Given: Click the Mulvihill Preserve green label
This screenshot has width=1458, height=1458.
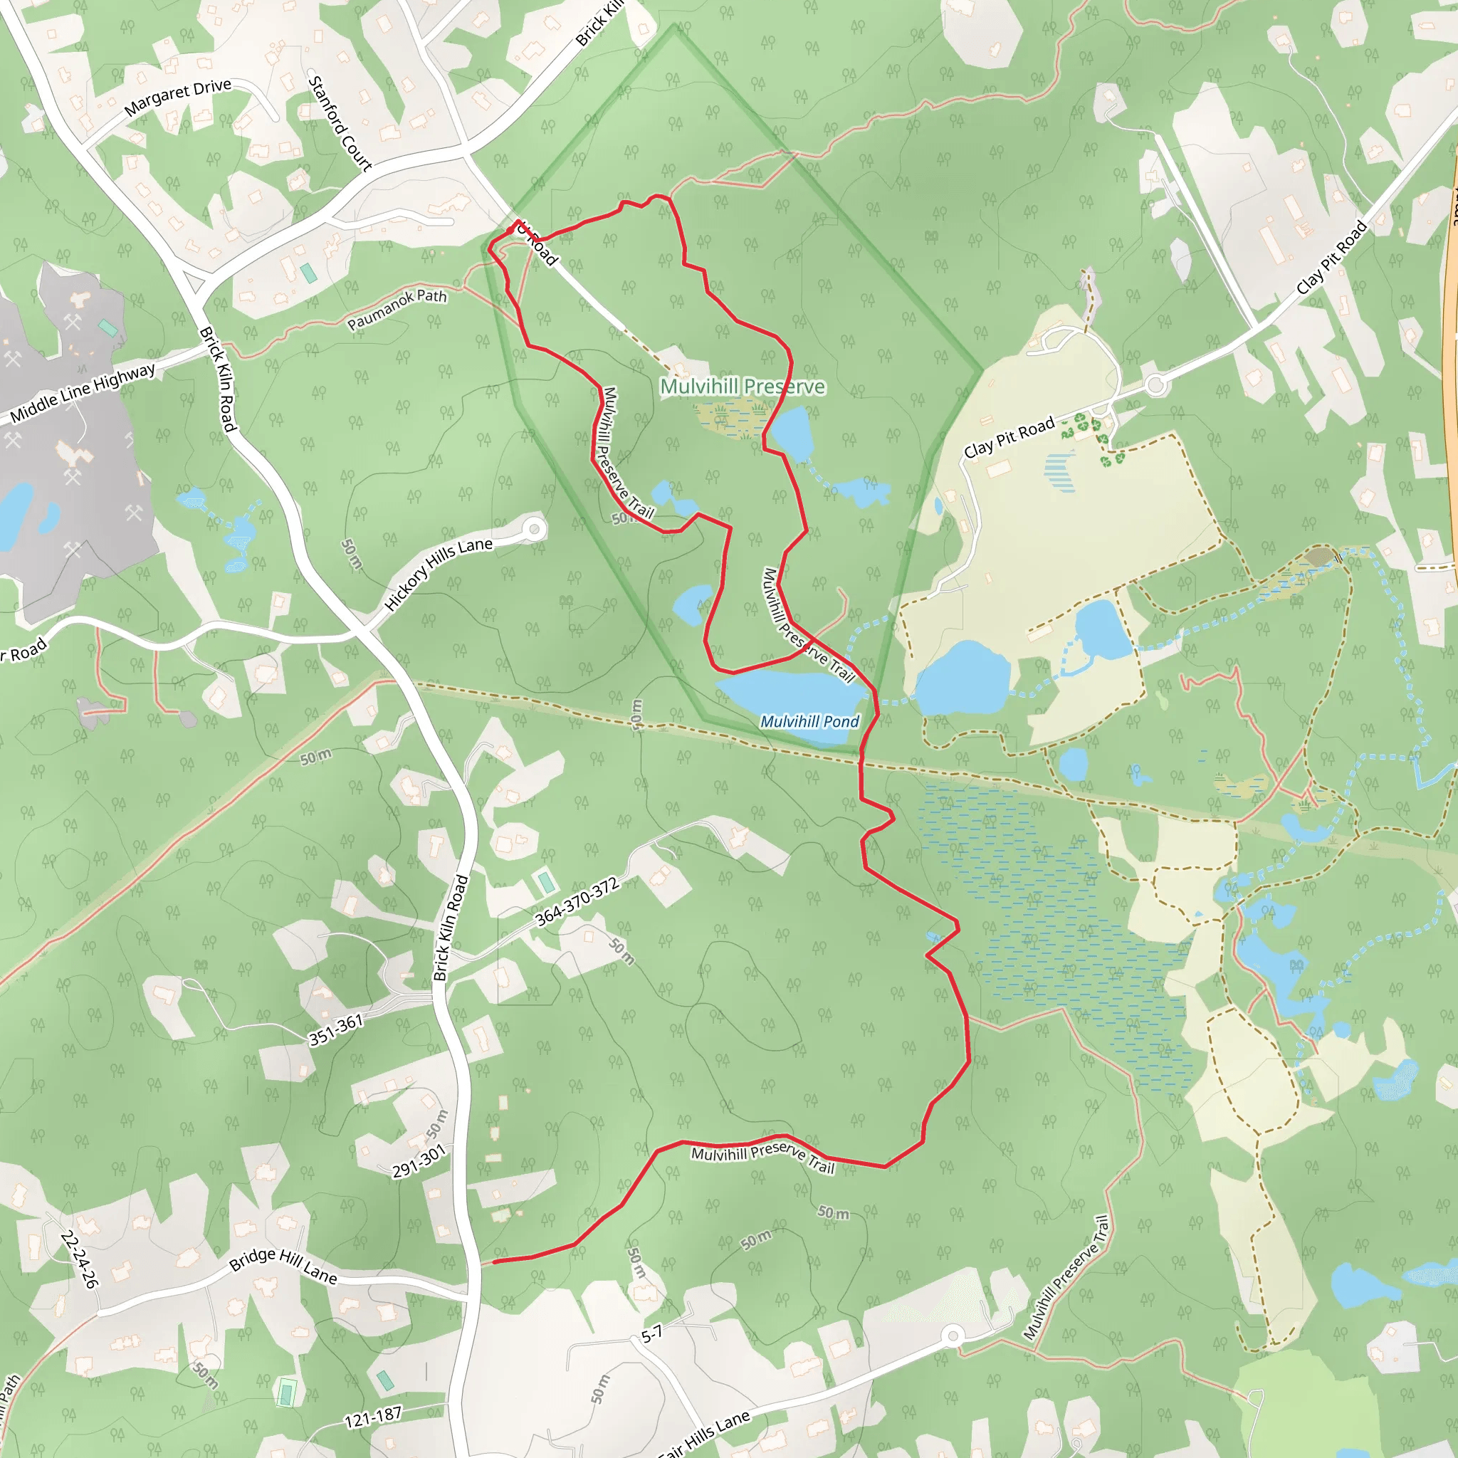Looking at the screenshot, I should coord(743,387).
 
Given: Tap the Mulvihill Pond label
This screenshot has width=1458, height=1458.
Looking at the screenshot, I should coord(809,721).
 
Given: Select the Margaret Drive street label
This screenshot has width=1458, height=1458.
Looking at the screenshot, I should coord(177,97).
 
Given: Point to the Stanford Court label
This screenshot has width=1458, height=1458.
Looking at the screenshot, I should coord(340,123).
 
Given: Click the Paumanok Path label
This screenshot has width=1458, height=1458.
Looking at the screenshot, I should coord(397,310).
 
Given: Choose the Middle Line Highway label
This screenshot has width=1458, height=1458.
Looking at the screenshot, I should coord(83,392).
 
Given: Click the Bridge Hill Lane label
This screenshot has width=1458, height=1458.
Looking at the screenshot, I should coord(283,1266).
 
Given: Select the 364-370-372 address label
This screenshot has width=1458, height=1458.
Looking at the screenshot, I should coord(577,901).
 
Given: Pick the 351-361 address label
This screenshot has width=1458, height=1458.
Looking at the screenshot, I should coord(336,1030).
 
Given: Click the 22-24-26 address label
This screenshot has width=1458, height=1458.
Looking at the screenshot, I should coord(78,1259).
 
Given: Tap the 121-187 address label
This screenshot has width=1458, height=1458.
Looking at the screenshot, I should coord(373,1417).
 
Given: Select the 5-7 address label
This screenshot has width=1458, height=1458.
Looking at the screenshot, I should coord(651,1333).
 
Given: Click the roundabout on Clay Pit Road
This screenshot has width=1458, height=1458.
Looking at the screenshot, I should coord(1155,386).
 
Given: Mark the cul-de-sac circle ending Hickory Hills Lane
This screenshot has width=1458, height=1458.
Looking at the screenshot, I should coord(535,529).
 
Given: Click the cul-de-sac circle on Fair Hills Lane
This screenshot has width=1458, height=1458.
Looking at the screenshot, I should coord(953,1336).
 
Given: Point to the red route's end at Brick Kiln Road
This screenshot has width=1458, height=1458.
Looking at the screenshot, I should coord(494,1261).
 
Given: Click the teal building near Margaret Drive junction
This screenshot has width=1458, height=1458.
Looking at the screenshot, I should coord(308,273).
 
